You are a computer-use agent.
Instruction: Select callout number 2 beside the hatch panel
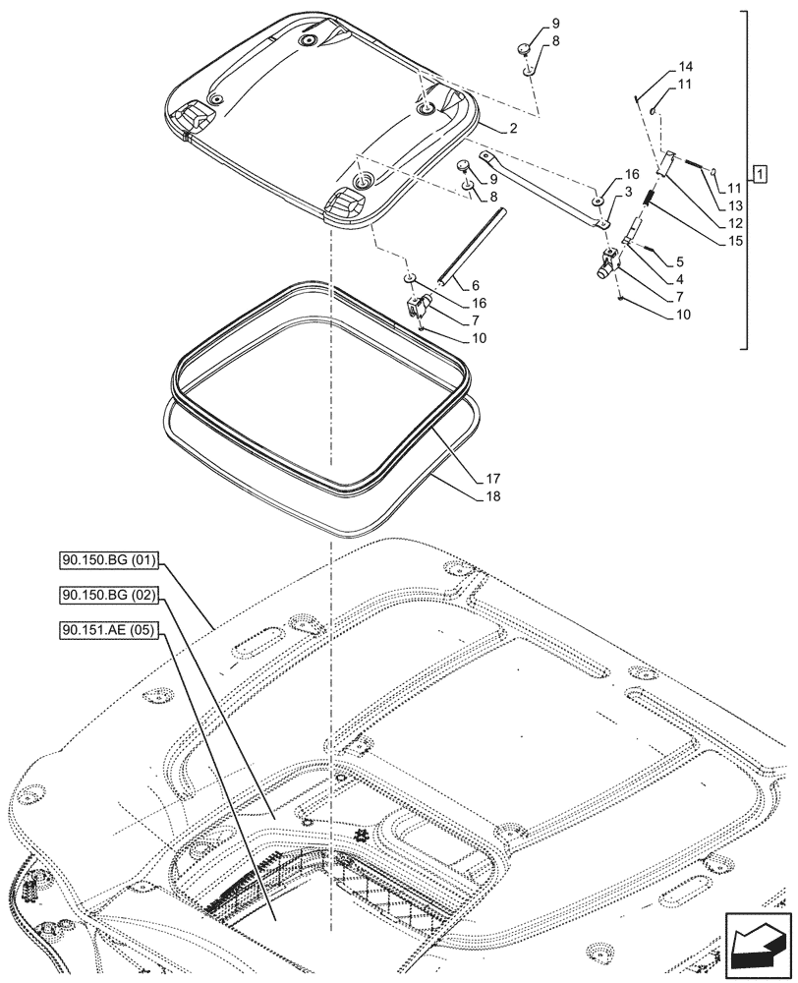pos(513,129)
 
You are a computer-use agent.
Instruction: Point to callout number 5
pos(679,261)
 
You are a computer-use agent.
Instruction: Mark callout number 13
pos(737,205)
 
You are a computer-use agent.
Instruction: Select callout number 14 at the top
pos(685,67)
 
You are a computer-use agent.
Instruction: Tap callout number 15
pos(737,240)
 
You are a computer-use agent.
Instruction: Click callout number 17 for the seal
pos(492,479)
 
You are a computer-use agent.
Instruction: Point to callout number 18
pos(492,496)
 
